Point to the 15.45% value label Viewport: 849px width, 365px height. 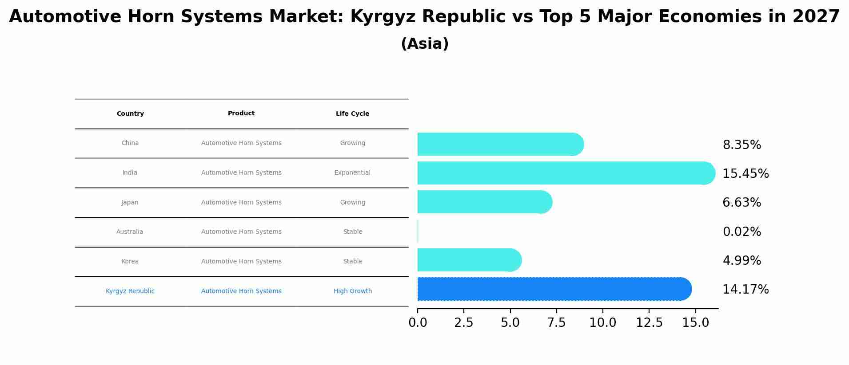pos(745,174)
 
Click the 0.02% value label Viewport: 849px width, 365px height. pos(741,232)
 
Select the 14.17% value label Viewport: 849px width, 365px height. pos(745,290)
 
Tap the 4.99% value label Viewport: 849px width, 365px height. pos(741,261)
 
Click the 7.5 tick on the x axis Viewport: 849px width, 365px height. pos(556,323)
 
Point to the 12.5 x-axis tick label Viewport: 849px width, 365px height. pos(649,323)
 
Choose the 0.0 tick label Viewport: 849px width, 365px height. pos(418,323)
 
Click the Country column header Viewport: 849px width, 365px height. pos(130,114)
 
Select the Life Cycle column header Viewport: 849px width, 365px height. pos(352,114)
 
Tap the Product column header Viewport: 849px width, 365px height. pos(241,114)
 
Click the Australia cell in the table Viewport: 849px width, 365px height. pos(130,232)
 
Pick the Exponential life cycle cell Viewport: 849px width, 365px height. pos(352,173)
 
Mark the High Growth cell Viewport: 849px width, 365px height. pos(353,291)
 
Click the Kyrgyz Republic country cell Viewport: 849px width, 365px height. pos(130,291)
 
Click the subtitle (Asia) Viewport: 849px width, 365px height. pos(424,44)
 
